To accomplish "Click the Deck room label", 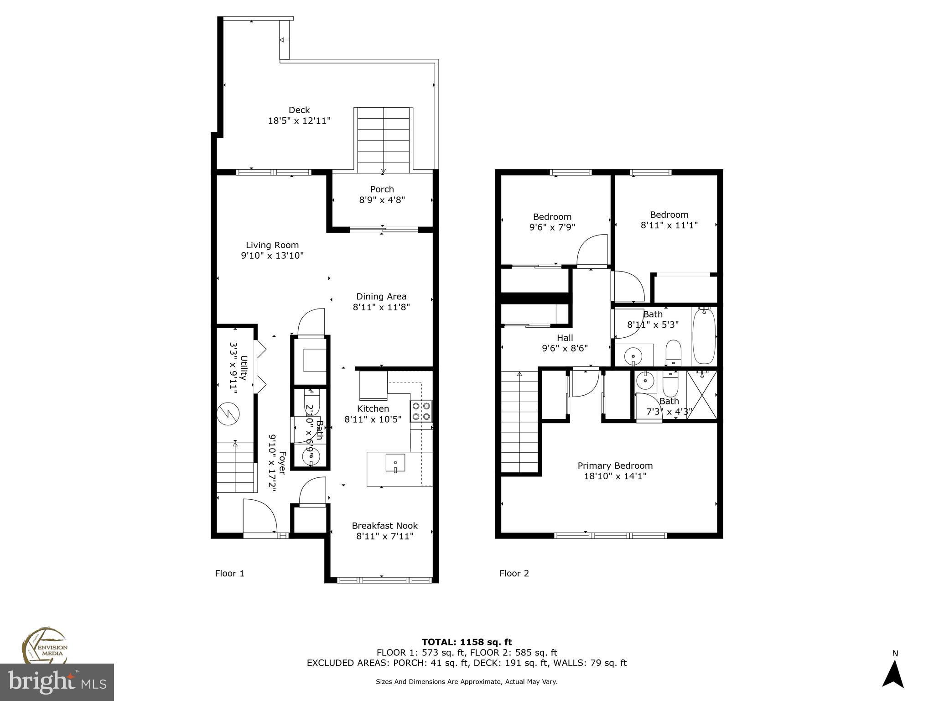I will (299, 110).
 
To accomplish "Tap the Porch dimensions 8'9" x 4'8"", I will (382, 200).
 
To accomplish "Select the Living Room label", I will (272, 245).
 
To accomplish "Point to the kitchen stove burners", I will (421, 411).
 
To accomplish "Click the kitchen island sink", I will (395, 463).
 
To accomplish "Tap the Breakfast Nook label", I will (385, 526).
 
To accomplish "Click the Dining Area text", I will (381, 297).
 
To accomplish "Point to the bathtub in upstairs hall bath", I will (705, 336).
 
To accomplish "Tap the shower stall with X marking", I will (702, 395).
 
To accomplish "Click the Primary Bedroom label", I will (615, 466).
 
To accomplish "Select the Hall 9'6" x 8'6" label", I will (565, 343).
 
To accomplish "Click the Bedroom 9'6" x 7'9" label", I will (552, 222).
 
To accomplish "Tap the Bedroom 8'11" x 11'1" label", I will (669, 220).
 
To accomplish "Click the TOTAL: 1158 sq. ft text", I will (467, 642).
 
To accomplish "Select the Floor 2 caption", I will (514, 573).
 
